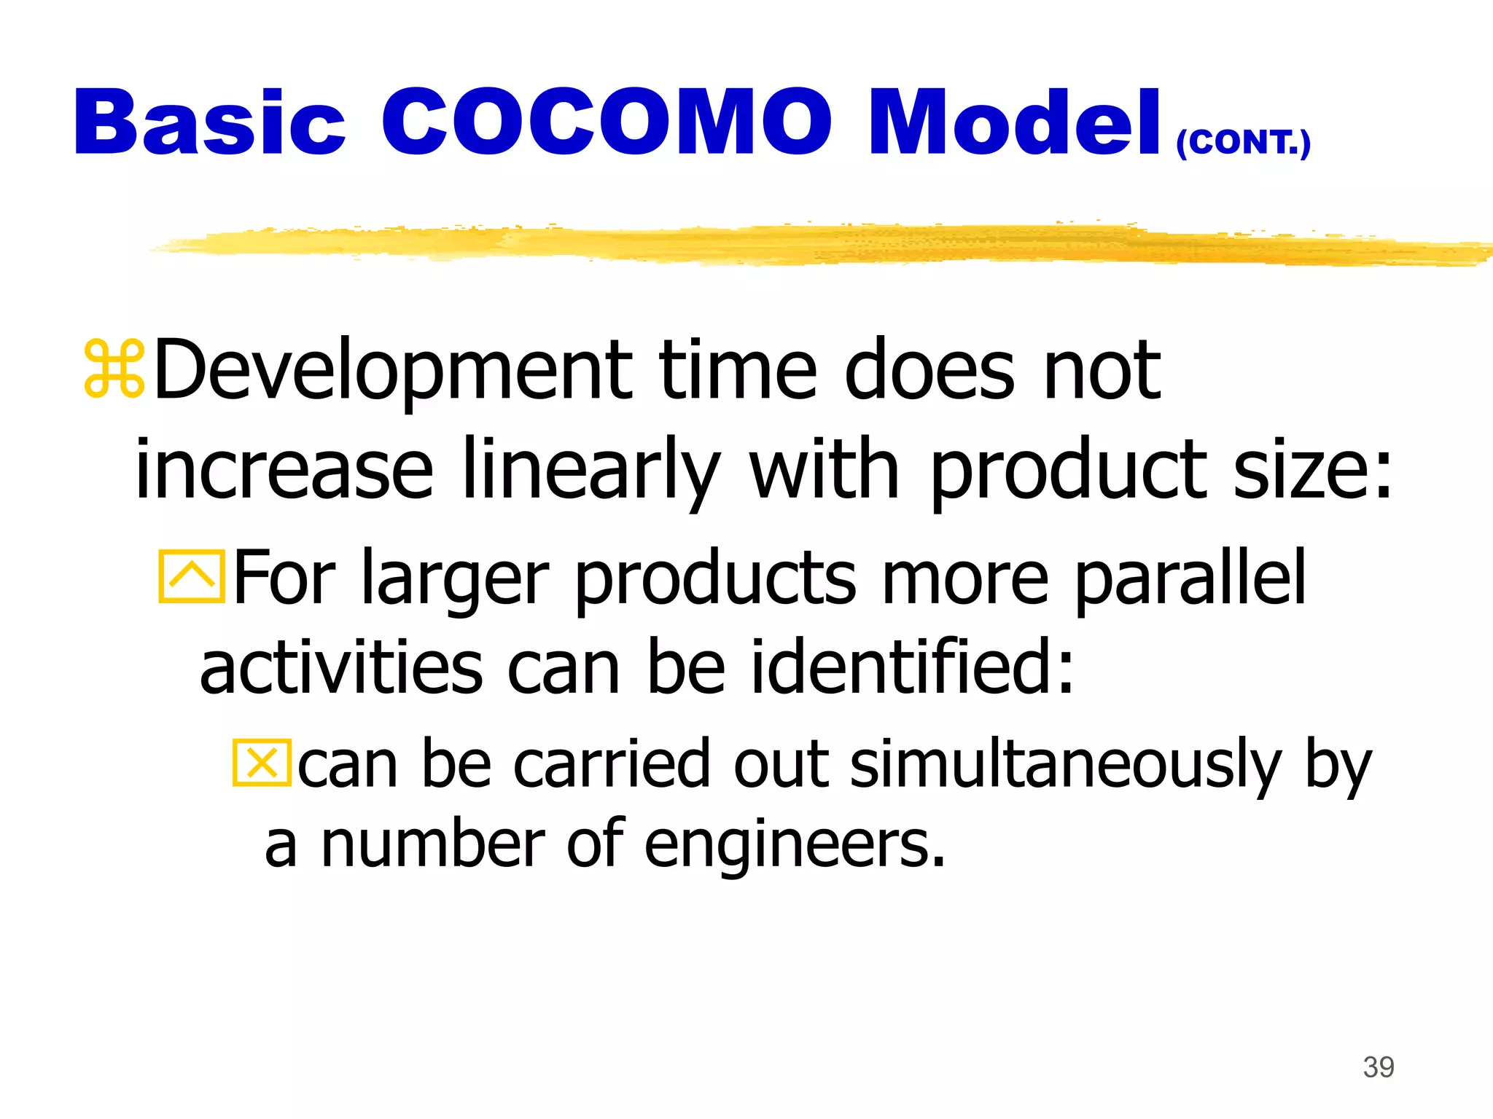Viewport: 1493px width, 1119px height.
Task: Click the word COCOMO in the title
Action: tap(607, 122)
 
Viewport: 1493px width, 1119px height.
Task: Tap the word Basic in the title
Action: tap(209, 122)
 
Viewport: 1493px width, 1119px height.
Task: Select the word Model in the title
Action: tap(1014, 122)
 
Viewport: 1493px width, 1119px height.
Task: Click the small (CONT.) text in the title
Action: tap(1244, 142)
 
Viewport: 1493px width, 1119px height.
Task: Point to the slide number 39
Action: tap(1379, 1067)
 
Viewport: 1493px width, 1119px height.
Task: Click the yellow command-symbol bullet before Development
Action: tap(114, 369)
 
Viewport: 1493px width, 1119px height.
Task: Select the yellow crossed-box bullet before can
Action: tap(262, 763)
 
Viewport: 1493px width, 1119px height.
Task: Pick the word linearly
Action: tap(591, 470)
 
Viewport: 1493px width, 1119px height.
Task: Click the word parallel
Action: tap(1190, 578)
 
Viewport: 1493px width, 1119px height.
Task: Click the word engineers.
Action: tap(795, 845)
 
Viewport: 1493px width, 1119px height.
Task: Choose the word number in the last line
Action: tap(433, 845)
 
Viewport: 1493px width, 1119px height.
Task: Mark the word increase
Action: tap(284, 470)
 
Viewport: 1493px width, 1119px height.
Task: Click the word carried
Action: tap(611, 764)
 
